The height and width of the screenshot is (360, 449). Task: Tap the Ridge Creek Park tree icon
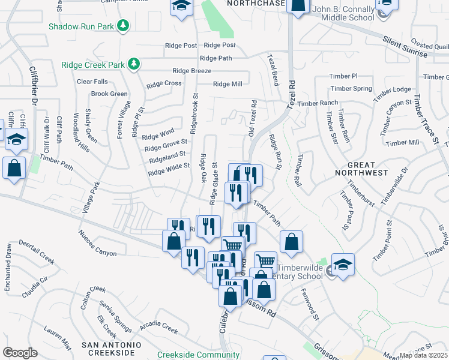click(x=135, y=64)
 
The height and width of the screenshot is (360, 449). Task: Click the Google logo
click(x=20, y=352)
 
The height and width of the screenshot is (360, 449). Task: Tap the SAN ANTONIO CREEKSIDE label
click(x=112, y=349)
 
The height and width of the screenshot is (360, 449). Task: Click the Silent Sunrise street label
click(x=406, y=47)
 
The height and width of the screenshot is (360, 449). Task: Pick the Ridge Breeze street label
click(x=191, y=71)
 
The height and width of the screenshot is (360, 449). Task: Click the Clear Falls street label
click(x=92, y=82)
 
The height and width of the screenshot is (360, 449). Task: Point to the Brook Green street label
click(x=109, y=94)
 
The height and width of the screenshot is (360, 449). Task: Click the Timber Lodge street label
click(x=392, y=90)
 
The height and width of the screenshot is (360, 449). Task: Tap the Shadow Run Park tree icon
click(x=123, y=25)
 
